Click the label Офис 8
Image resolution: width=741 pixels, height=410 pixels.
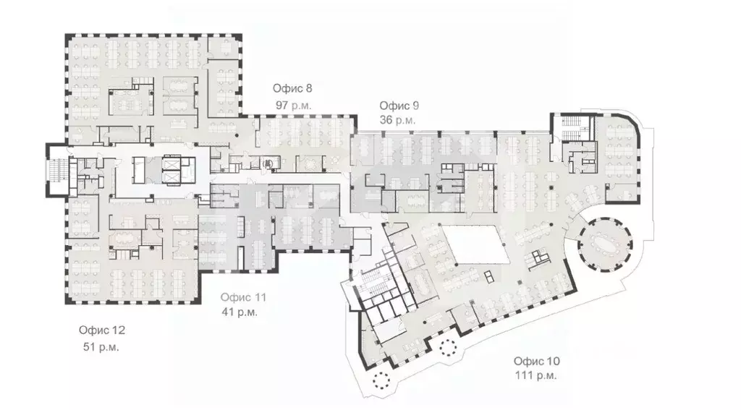coord(292,89)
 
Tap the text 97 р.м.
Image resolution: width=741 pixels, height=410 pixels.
coord(293,105)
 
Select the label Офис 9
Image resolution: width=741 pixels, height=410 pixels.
coord(399,105)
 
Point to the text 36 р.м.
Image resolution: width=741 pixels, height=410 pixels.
coord(397,120)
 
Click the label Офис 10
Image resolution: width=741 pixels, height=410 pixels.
coord(536,361)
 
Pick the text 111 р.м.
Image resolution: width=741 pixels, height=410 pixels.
coord(535,376)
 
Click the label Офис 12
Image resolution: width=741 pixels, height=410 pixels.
coord(102,330)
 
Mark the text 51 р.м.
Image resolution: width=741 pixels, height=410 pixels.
coord(101,346)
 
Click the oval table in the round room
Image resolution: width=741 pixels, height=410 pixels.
coord(602,244)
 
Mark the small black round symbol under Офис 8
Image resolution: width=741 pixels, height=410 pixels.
coord(268,165)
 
